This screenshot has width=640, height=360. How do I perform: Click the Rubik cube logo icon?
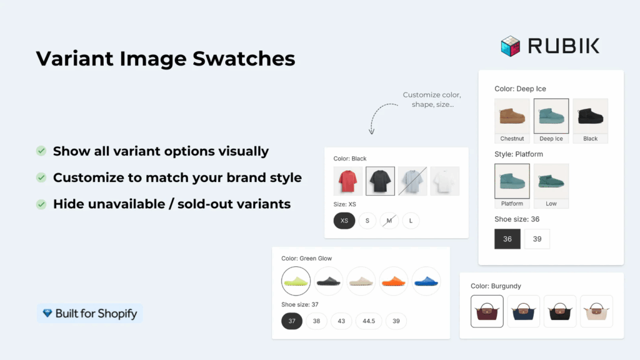coord(510,46)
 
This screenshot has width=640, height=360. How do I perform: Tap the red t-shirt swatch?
coord(347,181)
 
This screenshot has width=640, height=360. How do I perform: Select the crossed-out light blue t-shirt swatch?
coord(412,181)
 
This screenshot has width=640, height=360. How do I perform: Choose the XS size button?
coord(344,221)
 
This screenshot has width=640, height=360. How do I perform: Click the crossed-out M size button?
coord(389,221)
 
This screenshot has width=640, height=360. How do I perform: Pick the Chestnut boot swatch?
coord(512,121)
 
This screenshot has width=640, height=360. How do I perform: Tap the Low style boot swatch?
coord(551,186)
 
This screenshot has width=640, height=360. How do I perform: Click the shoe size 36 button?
coord(507,239)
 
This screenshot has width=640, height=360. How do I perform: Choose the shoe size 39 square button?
coord(537,239)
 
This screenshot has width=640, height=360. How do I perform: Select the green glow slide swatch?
coord(296,281)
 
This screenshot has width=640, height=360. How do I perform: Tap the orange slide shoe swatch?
coord(394,281)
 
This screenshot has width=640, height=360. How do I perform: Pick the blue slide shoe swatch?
coord(426,281)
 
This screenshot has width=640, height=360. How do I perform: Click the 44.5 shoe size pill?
coord(369,321)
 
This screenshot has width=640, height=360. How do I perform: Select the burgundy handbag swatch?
coord(487,311)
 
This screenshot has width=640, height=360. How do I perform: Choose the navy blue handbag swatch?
coord(524,311)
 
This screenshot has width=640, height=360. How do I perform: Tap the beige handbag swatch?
coord(596,311)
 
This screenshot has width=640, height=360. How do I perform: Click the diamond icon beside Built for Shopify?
coord(47,313)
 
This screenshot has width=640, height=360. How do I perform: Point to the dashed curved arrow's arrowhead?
coord(371,131)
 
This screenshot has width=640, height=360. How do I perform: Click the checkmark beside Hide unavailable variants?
coord(41,204)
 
